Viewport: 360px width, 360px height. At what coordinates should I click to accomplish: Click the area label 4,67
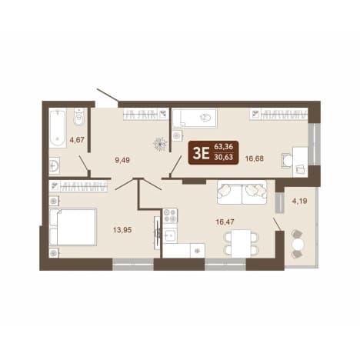[77, 140]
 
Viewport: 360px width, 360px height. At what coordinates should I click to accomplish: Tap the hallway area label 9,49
[122, 160]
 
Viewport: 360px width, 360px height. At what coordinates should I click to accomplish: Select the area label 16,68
[255, 158]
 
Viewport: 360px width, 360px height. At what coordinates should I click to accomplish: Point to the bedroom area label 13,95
[122, 230]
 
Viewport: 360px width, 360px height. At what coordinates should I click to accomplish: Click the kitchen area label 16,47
[225, 222]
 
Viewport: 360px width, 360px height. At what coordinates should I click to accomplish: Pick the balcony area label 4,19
[299, 201]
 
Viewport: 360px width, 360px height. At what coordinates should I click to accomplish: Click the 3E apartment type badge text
[201, 154]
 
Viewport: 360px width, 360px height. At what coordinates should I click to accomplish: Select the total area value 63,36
[223, 147]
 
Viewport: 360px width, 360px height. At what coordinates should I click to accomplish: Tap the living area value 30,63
[223, 157]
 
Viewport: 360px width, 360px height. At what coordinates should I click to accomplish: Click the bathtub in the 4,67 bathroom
[58, 128]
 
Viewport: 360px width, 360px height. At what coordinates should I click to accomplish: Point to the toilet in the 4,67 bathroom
[80, 117]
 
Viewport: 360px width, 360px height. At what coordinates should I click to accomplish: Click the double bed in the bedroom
[73, 227]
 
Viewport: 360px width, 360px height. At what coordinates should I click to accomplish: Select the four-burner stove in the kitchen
[170, 215]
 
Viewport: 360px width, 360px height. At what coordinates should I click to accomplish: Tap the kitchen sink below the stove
[170, 235]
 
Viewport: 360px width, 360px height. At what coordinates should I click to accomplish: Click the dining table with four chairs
[241, 243]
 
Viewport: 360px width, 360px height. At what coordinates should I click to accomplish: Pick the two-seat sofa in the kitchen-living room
[242, 192]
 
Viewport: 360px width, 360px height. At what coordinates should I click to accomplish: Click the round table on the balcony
[298, 244]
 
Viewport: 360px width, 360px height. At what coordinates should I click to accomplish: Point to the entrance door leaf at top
[108, 95]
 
